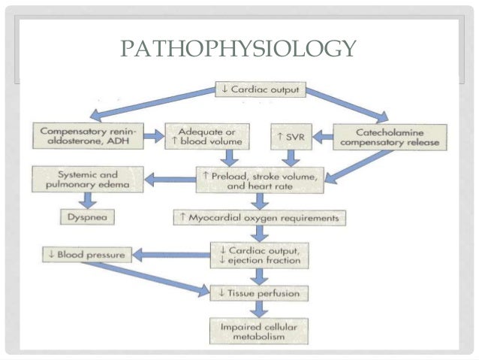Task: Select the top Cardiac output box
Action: pos(259,90)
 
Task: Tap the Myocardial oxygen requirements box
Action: pos(260,218)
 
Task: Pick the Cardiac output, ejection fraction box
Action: pos(259,255)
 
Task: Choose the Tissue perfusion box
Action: pos(259,292)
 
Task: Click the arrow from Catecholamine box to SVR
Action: pos(321,137)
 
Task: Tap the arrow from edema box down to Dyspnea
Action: pos(91,200)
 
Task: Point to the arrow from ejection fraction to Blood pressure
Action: pos(168,256)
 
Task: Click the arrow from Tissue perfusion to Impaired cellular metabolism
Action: pos(259,309)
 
